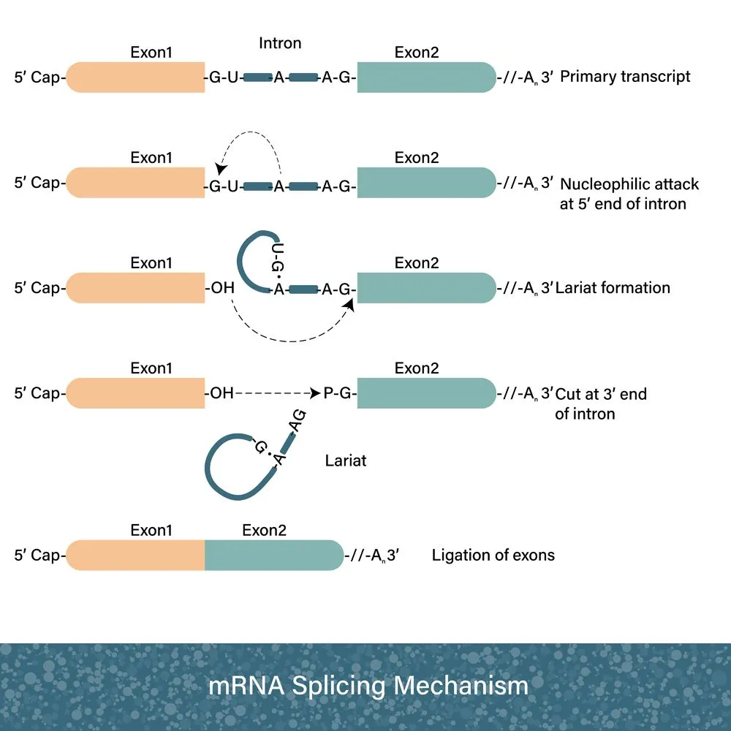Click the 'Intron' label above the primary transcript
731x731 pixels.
pos(280,44)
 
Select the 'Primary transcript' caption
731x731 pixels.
pos(625,77)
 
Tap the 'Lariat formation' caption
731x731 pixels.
pos(613,287)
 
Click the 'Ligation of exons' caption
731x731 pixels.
pos(493,555)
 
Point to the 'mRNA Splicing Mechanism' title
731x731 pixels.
pos(368,686)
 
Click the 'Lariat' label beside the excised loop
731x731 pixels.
pos(346,461)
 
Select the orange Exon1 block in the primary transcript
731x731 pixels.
pos(136,77)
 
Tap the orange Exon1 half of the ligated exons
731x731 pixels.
pos(136,555)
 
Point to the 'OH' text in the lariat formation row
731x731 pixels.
pos(221,287)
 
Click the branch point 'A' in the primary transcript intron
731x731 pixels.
pos(279,77)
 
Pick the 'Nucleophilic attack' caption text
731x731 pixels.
pos(629,184)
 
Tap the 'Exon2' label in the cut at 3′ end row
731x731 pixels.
pos(417,368)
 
